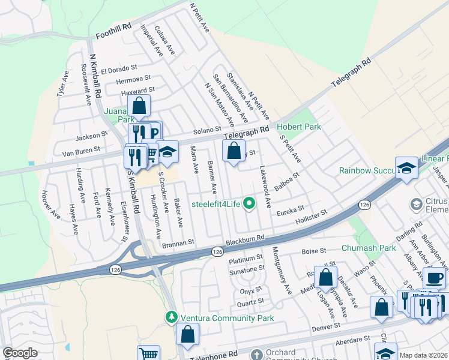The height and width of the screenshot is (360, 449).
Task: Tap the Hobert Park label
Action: point(298,127)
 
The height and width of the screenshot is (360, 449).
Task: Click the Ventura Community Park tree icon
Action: point(172,316)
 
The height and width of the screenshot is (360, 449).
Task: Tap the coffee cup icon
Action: point(434,278)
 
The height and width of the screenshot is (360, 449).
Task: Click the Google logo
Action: point(20,353)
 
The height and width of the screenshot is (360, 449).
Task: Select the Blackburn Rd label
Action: point(245,240)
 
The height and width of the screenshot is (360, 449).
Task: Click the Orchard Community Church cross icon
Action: point(257,355)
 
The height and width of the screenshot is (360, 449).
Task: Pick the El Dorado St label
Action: point(119,70)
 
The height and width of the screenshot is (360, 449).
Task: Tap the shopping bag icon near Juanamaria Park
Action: point(139,106)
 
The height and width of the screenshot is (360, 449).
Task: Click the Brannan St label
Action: point(178,242)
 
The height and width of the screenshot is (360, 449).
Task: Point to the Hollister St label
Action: point(312,217)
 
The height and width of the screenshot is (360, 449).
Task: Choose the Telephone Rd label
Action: point(214,355)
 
